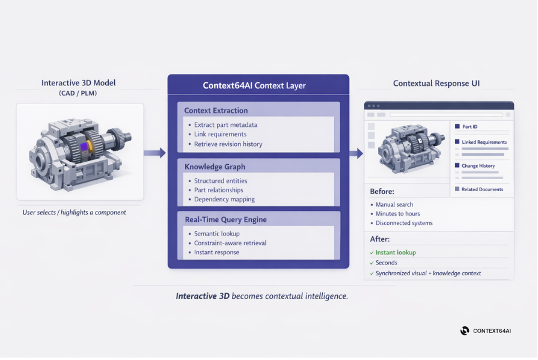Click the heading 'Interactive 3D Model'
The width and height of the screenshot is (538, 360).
click(x=79, y=83)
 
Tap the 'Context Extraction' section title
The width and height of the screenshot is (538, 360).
click(x=216, y=111)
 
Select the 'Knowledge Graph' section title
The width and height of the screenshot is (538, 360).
click(x=215, y=166)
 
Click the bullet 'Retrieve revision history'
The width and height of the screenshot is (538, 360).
click(x=228, y=144)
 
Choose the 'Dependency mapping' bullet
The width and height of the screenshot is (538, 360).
click(x=224, y=199)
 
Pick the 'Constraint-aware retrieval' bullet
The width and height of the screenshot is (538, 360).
click(x=230, y=243)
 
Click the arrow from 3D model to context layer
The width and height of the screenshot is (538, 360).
click(x=154, y=153)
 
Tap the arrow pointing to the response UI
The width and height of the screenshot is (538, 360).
click(x=356, y=153)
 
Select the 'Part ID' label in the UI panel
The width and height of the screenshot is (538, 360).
click(x=470, y=127)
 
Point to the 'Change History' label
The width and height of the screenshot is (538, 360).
click(x=478, y=165)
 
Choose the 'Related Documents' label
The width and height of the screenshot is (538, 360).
click(x=482, y=189)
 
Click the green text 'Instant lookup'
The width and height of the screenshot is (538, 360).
click(x=396, y=252)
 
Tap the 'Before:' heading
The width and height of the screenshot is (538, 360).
click(x=382, y=191)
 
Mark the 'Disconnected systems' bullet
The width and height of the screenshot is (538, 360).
click(x=404, y=223)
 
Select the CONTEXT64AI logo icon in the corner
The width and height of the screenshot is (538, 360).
click(x=465, y=331)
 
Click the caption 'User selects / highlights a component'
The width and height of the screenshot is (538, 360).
click(x=75, y=212)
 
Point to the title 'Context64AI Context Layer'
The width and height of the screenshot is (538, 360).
click(x=254, y=85)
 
